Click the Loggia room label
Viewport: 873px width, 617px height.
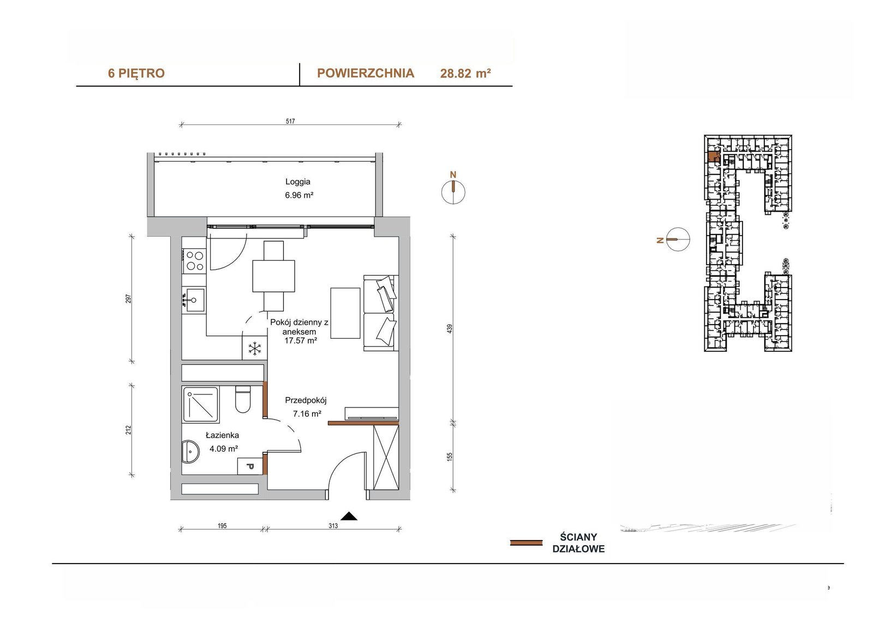click(298, 182)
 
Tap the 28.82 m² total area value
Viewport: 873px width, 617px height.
click(465, 73)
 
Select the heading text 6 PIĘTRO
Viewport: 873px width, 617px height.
click(136, 73)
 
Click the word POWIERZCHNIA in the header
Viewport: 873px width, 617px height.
click(366, 73)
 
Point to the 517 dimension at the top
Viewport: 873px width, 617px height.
click(290, 121)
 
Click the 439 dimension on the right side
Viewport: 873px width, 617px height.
click(450, 328)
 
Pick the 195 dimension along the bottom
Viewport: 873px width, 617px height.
click(222, 526)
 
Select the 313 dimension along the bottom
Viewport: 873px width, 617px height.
click(333, 526)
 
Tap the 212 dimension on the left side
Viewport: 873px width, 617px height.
click(129, 430)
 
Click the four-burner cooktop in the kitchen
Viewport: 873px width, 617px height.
click(194, 261)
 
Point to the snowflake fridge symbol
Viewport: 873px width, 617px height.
click(254, 349)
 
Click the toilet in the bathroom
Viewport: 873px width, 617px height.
click(243, 399)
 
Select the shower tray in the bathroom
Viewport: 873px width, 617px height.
click(201, 404)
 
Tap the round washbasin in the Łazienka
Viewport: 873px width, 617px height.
click(190, 452)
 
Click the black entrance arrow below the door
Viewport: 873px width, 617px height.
click(349, 516)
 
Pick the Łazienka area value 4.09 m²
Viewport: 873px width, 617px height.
click(224, 448)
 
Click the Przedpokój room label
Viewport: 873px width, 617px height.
click(306, 400)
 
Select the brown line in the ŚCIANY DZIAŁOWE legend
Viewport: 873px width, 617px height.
click(526, 543)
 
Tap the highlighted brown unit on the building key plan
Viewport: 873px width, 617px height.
click(713, 157)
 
